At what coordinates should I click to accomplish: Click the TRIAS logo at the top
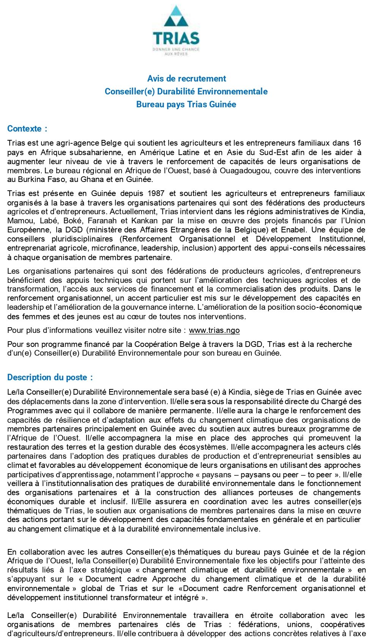click(176, 30)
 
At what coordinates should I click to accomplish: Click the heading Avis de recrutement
click(186, 78)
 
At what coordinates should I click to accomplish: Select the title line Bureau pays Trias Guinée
click(186, 104)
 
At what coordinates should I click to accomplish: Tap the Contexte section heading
click(27, 129)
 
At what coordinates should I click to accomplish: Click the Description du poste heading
click(50, 377)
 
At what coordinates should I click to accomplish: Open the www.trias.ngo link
click(214, 330)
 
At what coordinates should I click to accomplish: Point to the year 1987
click(156, 193)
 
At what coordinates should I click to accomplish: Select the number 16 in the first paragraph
click(357, 143)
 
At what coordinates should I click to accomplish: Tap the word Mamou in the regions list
click(18, 221)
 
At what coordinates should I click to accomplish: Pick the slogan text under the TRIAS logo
click(176, 52)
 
